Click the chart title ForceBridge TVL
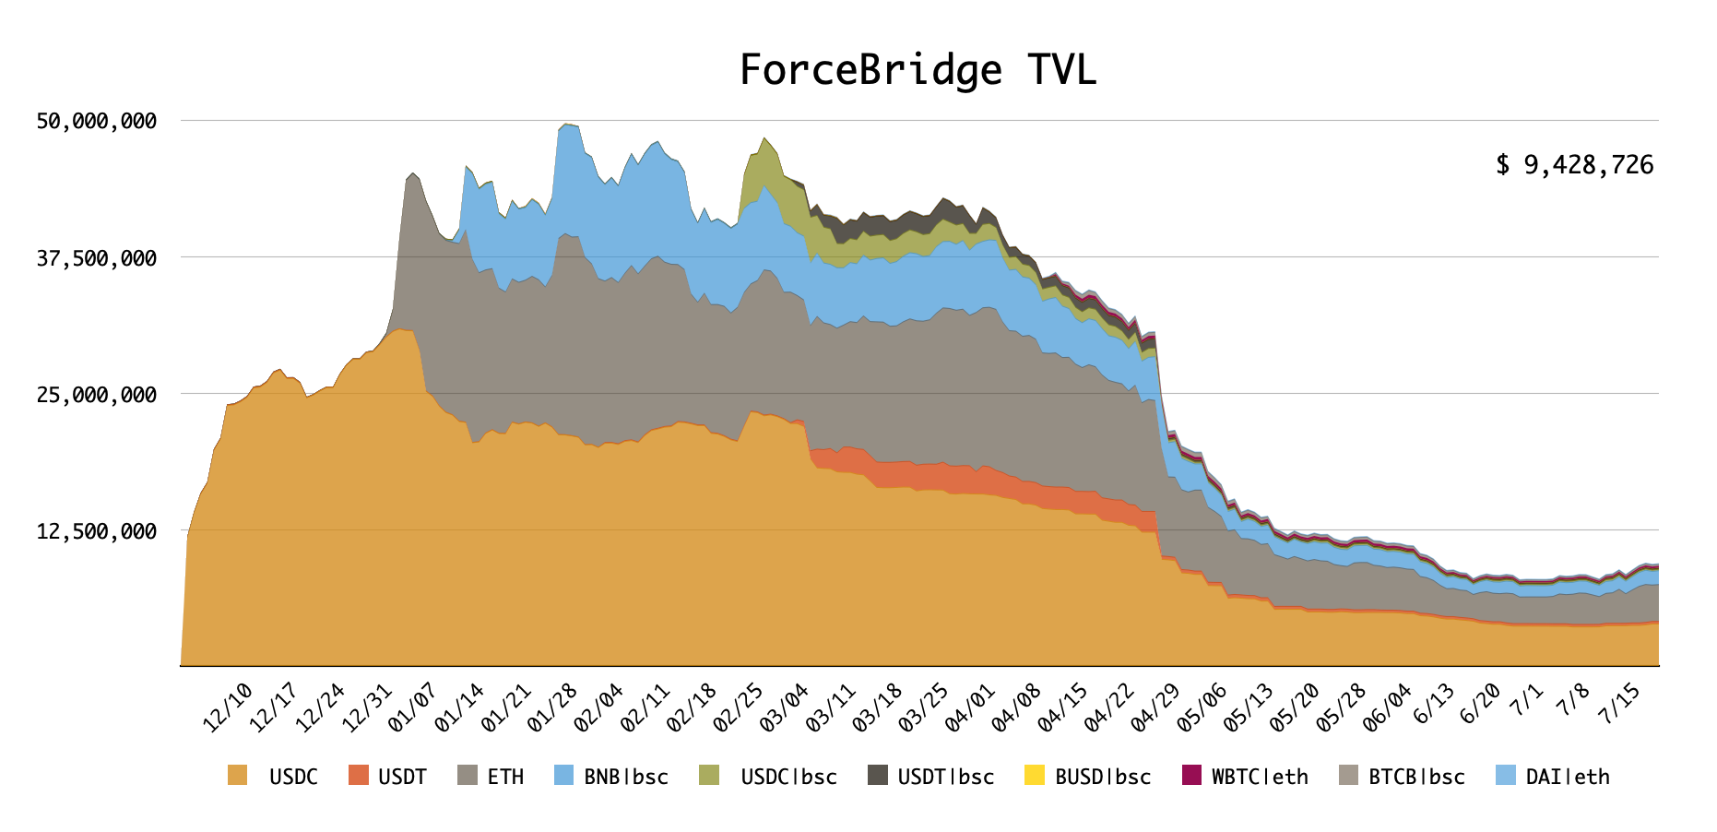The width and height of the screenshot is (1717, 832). point(918,70)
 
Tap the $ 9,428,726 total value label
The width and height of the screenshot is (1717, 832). point(1574,165)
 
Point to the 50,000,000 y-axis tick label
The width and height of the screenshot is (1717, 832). point(97,121)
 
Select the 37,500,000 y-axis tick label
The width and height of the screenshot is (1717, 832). point(97,258)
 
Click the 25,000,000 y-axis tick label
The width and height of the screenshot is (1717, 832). point(97,395)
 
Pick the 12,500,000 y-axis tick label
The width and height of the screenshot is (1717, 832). point(97,531)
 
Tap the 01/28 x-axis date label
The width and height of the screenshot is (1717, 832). point(552,707)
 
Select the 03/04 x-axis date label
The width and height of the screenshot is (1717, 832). point(785,707)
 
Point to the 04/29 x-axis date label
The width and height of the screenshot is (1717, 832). point(1156,707)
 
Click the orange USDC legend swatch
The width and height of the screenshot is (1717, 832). point(238,776)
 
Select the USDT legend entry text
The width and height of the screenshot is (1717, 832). point(402,777)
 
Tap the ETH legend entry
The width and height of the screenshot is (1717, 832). point(505,777)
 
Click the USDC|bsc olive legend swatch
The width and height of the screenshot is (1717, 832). point(709,776)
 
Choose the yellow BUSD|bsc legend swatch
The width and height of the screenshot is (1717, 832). point(1035,776)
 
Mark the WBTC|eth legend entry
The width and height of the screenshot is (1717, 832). point(1260,777)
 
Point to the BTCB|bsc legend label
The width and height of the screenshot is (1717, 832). point(1416,777)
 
